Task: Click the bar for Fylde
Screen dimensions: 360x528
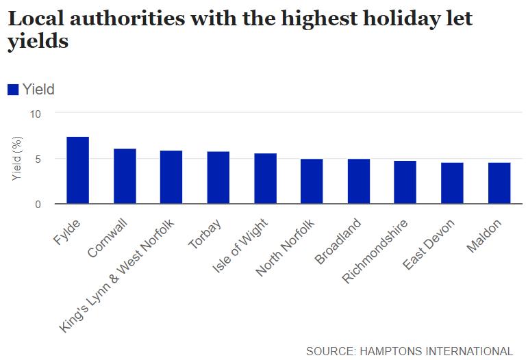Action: [77, 170]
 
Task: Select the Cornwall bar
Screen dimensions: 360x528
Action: [124, 177]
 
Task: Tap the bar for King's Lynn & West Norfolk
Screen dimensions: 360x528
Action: [171, 177]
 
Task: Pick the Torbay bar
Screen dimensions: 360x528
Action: [218, 178]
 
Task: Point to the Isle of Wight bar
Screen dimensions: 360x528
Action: [265, 179]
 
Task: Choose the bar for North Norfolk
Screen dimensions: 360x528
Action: [312, 181]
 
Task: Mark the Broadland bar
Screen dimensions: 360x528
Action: [358, 181]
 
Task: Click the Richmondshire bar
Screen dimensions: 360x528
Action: [405, 183]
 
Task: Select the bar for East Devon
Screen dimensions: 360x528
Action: [452, 183]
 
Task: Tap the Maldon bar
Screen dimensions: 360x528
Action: [499, 183]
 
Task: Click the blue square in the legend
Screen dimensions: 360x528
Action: [13, 89]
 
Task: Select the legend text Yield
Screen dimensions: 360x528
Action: [38, 89]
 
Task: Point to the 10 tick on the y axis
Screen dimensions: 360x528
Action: [36, 113]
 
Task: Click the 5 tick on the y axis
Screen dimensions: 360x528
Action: [38, 159]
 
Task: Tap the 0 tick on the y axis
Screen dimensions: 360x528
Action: [38, 205]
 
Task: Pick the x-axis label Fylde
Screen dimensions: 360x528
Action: [66, 233]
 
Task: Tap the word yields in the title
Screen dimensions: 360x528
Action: [38, 42]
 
